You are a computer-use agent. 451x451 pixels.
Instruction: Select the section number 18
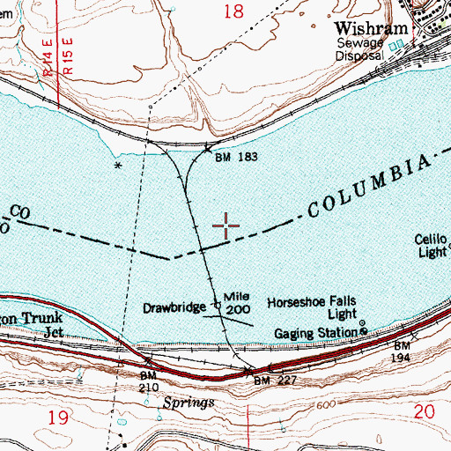click(x=233, y=11)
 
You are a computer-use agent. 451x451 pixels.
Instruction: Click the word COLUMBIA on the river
click(x=370, y=187)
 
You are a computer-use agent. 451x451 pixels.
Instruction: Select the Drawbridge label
click(x=176, y=308)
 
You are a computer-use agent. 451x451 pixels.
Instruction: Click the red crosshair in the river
click(x=227, y=226)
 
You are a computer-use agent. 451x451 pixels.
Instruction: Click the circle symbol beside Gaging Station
click(x=361, y=331)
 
